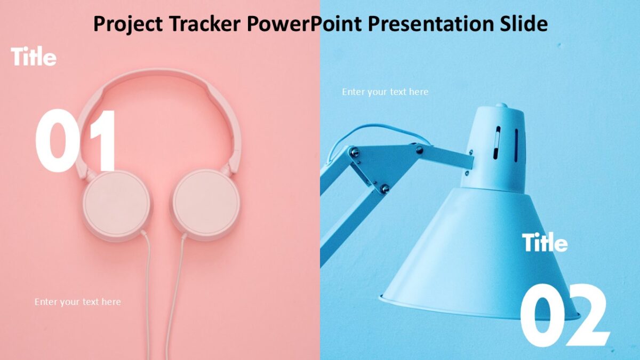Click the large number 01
(76, 141)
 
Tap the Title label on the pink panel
(34, 57)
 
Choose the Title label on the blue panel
(545, 243)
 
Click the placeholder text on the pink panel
(78, 302)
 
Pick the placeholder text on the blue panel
(385, 92)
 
